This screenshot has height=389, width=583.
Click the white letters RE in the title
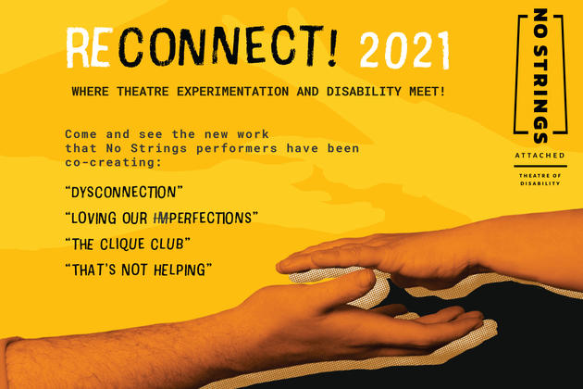tap(90, 47)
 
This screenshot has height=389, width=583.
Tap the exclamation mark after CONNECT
tap(331, 45)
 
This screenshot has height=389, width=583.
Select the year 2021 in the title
tap(404, 51)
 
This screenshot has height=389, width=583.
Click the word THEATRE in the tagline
tap(143, 91)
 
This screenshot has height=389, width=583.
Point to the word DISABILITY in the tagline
tap(364, 91)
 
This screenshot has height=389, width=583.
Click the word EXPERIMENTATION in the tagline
tap(233, 91)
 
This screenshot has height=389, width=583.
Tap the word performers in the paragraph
tap(237, 148)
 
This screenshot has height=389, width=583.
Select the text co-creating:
tap(114, 162)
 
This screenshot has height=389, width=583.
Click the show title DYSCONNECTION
tap(124, 193)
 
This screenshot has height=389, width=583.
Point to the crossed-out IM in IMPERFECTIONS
tap(162, 219)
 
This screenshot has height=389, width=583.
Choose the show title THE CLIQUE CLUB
tap(128, 245)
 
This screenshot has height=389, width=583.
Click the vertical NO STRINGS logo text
tap(540, 76)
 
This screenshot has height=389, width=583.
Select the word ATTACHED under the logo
tap(540, 156)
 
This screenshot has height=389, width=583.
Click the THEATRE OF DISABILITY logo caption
tap(540, 180)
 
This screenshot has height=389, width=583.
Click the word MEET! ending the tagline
tap(428, 91)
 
